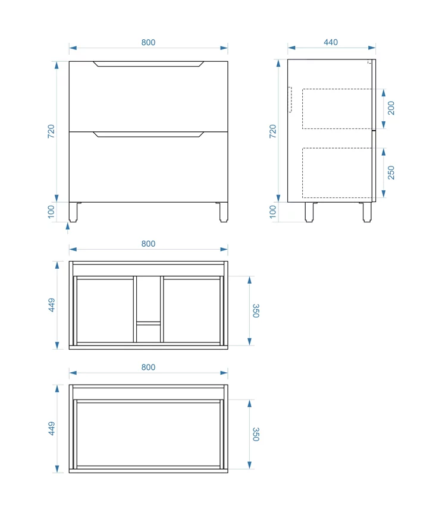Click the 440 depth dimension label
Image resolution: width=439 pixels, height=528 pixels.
point(331,42)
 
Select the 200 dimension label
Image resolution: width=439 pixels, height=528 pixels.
point(391,108)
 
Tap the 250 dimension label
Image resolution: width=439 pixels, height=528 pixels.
point(391,172)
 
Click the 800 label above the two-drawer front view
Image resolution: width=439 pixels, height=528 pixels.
point(148,42)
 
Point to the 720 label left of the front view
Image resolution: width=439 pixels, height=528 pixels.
point(51,131)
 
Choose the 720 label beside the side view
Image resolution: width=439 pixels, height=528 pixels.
point(272,131)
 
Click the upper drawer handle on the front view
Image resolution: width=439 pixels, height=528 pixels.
point(148,64)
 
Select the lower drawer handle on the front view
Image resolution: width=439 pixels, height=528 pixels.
point(148,134)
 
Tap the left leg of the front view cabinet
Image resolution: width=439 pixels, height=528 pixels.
point(73,212)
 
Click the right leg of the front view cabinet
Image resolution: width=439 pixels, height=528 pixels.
point(224,212)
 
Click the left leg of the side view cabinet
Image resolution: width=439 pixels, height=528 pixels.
point(309,212)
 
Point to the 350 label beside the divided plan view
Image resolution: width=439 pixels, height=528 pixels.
point(256,311)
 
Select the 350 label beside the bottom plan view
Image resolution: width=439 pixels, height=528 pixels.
point(256,435)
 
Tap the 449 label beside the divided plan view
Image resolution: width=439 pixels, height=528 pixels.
point(52,305)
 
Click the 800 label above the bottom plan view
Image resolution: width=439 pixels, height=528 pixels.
point(148,367)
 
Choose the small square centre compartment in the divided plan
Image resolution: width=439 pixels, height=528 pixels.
point(149,334)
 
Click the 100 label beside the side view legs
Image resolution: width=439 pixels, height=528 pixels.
point(273,212)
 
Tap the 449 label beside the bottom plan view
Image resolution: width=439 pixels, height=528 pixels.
point(52,429)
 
